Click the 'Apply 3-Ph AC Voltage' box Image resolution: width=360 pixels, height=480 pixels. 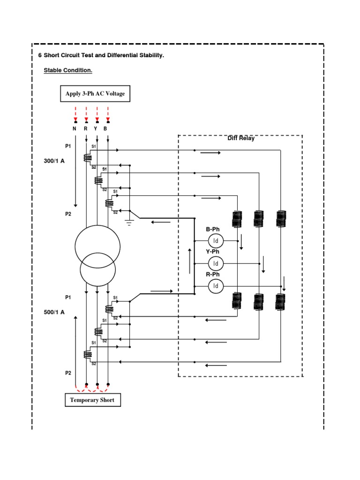click(95, 94)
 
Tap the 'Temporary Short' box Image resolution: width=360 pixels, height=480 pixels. click(92, 400)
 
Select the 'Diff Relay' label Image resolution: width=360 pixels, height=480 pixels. click(241, 138)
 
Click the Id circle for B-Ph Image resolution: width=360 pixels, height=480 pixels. click(216, 241)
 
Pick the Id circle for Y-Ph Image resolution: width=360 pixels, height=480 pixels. click(216, 263)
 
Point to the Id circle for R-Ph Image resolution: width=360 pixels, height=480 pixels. click(216, 285)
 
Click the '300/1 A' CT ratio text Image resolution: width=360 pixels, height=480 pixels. click(54, 161)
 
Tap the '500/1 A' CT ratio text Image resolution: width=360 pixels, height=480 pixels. click(54, 312)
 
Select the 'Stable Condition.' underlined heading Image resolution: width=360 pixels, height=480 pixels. click(68, 71)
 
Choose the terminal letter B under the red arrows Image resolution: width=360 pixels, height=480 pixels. click(108, 128)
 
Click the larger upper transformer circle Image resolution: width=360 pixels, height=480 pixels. click(97, 247)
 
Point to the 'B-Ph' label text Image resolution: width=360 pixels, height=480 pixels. click(213, 229)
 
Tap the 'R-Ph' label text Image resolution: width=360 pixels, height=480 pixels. click(213, 274)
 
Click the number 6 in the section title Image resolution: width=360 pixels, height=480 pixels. click(40, 55)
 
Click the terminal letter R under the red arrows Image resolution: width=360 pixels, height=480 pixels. click(86, 128)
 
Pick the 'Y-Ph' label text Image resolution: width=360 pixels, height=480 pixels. click(213, 252)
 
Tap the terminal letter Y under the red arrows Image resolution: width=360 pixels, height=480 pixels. click(97, 128)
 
